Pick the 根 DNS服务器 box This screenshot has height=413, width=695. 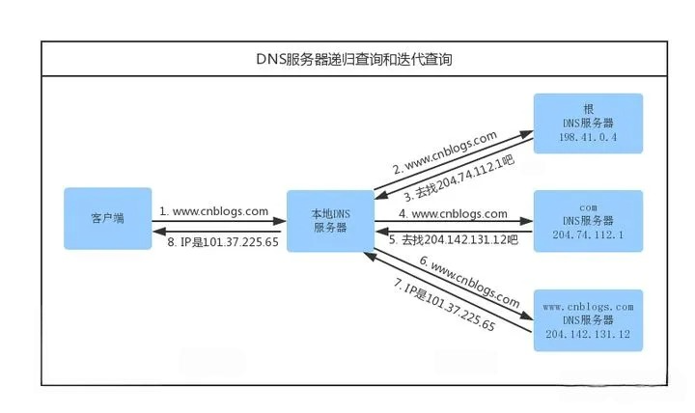click(x=588, y=125)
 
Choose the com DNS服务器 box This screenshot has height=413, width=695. click(x=588, y=222)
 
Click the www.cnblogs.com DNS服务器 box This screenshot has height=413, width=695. click(x=588, y=319)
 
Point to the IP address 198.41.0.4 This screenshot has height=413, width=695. click(x=588, y=137)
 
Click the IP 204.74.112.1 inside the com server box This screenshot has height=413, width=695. click(x=588, y=234)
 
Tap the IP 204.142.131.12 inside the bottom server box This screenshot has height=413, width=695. click(x=588, y=333)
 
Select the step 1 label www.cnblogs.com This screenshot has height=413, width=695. click(x=213, y=210)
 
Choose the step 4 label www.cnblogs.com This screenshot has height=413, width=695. click(x=454, y=213)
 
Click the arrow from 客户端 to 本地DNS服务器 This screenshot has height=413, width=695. click(x=217, y=222)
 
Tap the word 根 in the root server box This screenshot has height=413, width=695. click(x=588, y=110)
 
